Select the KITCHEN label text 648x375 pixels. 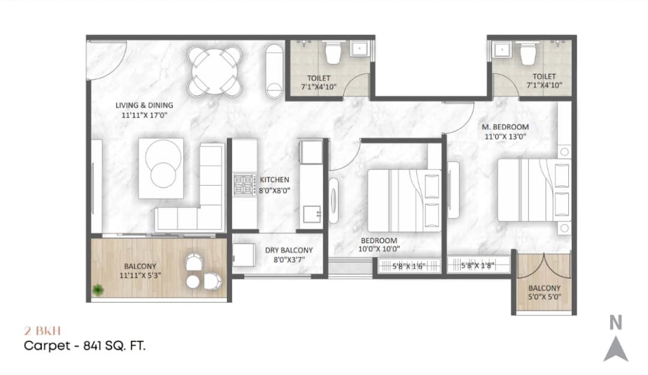274,180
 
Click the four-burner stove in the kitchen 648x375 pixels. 245,185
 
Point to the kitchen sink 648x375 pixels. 311,213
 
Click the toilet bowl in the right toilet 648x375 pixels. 527,54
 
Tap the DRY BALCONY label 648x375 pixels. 289,250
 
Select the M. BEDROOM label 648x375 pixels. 505,127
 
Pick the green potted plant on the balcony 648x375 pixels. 97,291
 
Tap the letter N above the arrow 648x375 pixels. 616,323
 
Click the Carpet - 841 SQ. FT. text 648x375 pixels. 85,346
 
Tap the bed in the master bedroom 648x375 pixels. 528,189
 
